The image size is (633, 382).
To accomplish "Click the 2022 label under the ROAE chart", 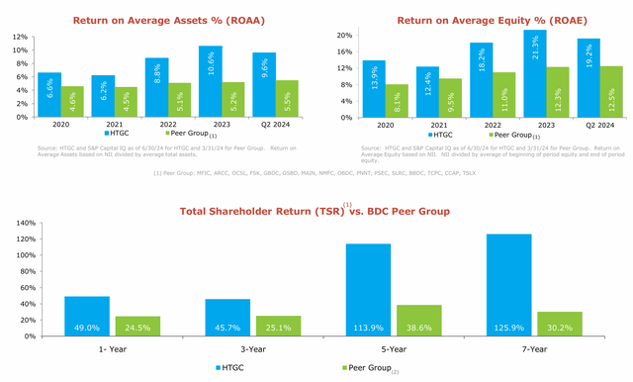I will tap(480, 124).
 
